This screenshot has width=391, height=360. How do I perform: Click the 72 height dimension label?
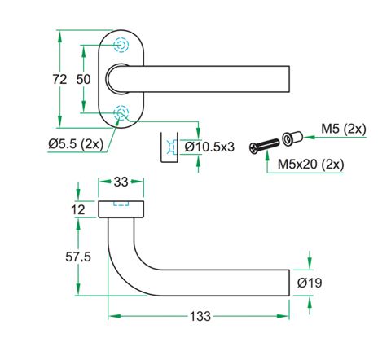59,79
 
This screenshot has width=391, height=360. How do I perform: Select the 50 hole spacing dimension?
83,79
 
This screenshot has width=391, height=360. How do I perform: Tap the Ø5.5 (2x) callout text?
76,143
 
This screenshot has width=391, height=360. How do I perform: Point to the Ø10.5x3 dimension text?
209,147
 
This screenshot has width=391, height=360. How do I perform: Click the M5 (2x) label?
344,129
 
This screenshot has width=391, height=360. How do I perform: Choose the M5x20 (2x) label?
310,164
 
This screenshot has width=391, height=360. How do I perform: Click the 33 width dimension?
121,182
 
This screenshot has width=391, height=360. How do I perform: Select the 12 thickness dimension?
78,210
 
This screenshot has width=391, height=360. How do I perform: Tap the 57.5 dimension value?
78,257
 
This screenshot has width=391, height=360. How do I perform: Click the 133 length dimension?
200,316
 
